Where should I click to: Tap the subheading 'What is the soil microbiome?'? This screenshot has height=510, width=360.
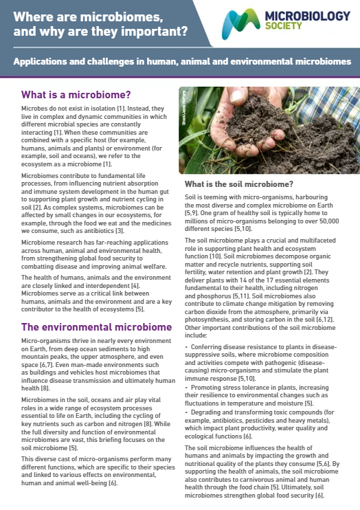238,184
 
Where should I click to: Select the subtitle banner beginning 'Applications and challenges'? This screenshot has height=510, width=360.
182,61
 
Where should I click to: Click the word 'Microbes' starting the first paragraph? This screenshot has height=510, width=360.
34,109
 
